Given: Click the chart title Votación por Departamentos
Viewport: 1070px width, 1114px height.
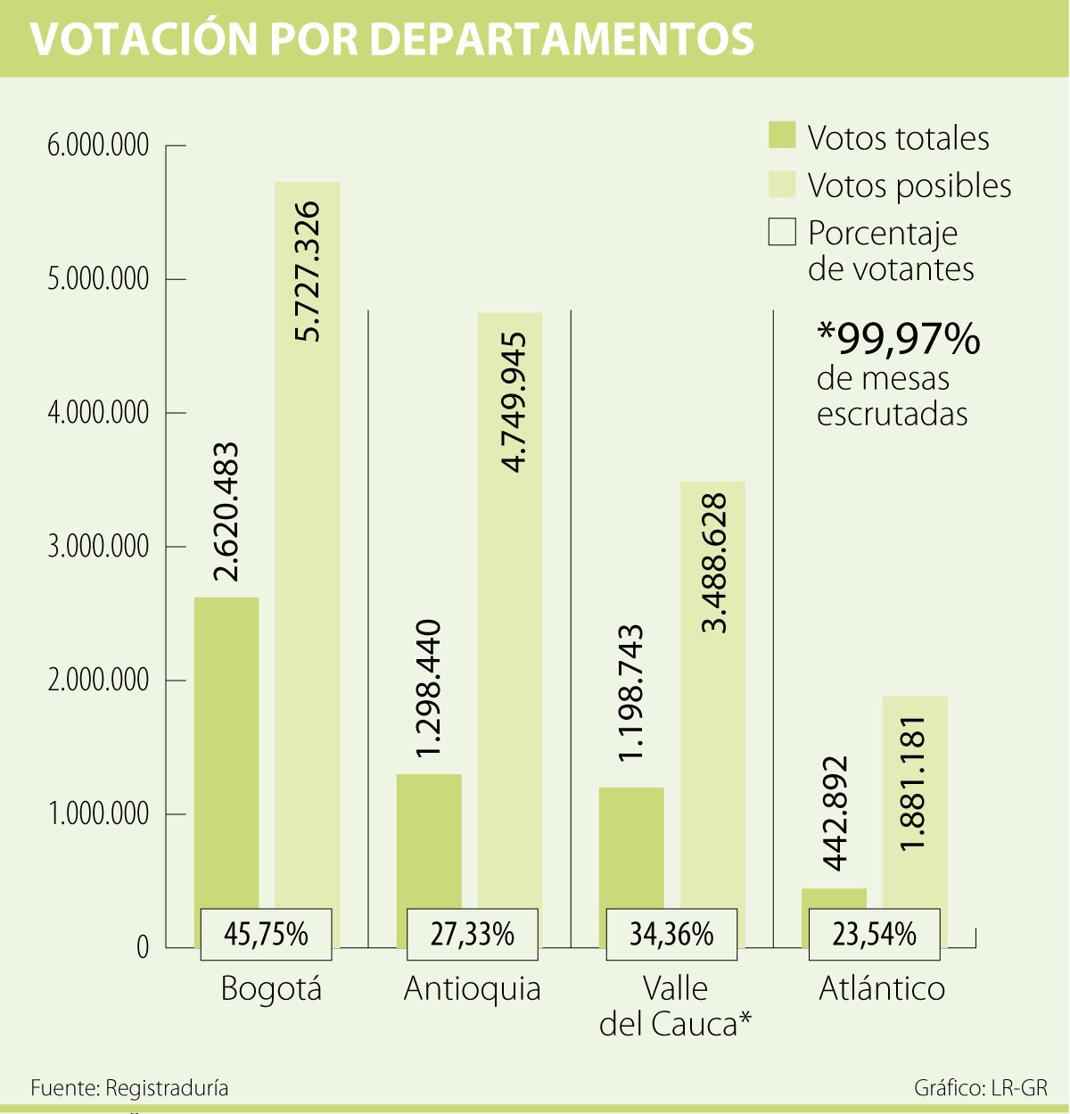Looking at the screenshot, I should coord(392,39).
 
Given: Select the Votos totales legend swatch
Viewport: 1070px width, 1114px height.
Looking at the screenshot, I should coord(781,136).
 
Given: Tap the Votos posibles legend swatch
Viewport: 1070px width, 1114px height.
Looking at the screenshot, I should coord(781,184).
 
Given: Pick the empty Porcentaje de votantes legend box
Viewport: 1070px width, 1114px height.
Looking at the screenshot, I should coord(781,232).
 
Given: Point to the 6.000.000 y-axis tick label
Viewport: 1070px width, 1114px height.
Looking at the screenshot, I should coord(98,145).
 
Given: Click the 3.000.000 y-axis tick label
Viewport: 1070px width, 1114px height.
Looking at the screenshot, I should coord(98,547).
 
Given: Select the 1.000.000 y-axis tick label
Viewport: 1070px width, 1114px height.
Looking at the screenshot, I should coord(98,814).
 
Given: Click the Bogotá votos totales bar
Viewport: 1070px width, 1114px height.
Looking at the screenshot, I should coord(226,749).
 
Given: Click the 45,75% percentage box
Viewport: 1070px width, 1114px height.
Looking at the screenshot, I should coord(266,934).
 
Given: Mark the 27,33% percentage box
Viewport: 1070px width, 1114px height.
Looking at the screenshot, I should coord(472,934).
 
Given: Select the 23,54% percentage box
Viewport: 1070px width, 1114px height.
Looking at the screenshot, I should coord(874,934).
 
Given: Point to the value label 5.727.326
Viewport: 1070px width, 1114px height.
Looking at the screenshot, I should coord(307,271).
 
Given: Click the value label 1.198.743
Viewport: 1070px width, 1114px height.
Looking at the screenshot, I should coord(630,693).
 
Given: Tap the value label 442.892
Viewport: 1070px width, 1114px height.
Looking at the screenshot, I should coord(834,813).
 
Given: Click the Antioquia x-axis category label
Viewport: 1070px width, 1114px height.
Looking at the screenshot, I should coord(472,989).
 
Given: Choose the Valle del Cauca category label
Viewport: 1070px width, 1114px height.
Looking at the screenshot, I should coord(675,1006).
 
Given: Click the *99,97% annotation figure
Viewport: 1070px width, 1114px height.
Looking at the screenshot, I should coord(898,339).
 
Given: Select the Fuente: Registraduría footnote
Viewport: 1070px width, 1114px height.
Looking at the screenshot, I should coord(129,1088).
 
